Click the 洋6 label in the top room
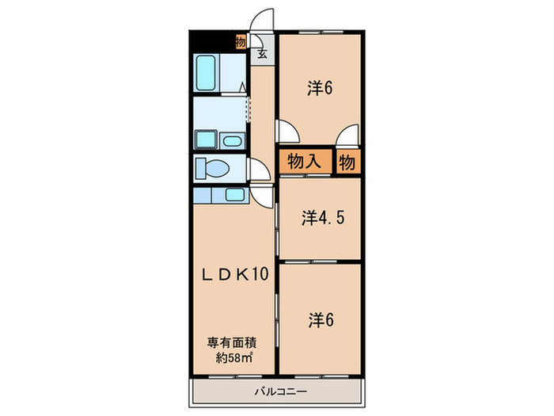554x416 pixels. click(x=319, y=88)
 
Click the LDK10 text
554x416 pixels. click(x=234, y=275)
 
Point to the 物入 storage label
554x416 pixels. click(x=304, y=162)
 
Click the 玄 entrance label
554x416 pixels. click(x=262, y=55)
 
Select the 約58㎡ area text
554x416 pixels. click(x=234, y=357)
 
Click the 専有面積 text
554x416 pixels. click(x=234, y=343)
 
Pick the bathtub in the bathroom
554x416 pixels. click(x=207, y=73)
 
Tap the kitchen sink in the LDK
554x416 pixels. click(x=235, y=194)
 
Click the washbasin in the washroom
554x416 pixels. click(x=233, y=141)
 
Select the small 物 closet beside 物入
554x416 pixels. click(x=347, y=162)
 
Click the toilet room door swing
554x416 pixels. click(x=257, y=170)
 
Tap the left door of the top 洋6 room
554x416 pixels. click(x=285, y=131)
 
